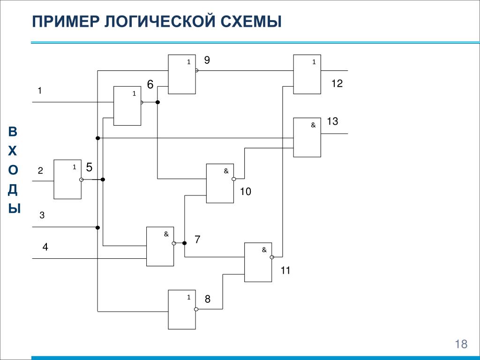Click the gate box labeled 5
[x=67, y=179]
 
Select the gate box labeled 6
[x=127, y=106]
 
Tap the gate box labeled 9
[x=181, y=74]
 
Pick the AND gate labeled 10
[x=220, y=183]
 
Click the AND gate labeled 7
[x=160, y=247]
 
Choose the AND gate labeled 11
[x=258, y=262]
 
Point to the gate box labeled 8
[x=181, y=309]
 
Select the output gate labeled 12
[x=307, y=74]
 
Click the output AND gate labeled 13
[x=307, y=137]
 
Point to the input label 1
[x=40, y=90]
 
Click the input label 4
[x=45, y=247]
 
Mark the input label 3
[x=42, y=215]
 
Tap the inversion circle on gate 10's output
[x=234, y=179]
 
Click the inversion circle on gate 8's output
[x=196, y=309]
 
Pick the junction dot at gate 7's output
[x=184, y=243]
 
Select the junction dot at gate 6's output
[x=157, y=102]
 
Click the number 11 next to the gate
[x=285, y=270]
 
